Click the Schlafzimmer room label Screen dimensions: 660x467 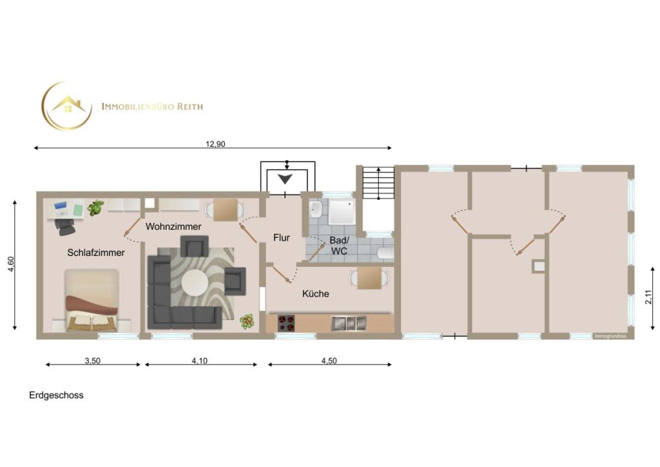click(96, 253)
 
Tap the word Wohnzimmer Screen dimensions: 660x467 click(173, 226)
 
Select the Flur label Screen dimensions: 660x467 click(282, 238)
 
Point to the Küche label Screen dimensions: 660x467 click(316, 293)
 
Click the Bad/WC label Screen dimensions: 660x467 click(339, 246)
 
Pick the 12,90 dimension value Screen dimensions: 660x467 click(215, 144)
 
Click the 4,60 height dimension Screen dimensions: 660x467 click(12, 264)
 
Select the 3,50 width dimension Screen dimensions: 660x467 click(93, 361)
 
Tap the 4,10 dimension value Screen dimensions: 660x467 click(200, 361)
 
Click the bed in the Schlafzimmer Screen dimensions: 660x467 click(92, 301)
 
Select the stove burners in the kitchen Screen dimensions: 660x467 click(286, 323)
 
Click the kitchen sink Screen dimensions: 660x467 click(349, 323)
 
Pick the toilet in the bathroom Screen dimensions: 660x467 click(385, 253)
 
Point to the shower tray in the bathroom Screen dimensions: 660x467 click(342, 212)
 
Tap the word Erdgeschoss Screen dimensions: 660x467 click(57, 395)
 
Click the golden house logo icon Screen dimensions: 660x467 click(67, 106)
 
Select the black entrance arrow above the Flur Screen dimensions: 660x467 click(285, 179)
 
